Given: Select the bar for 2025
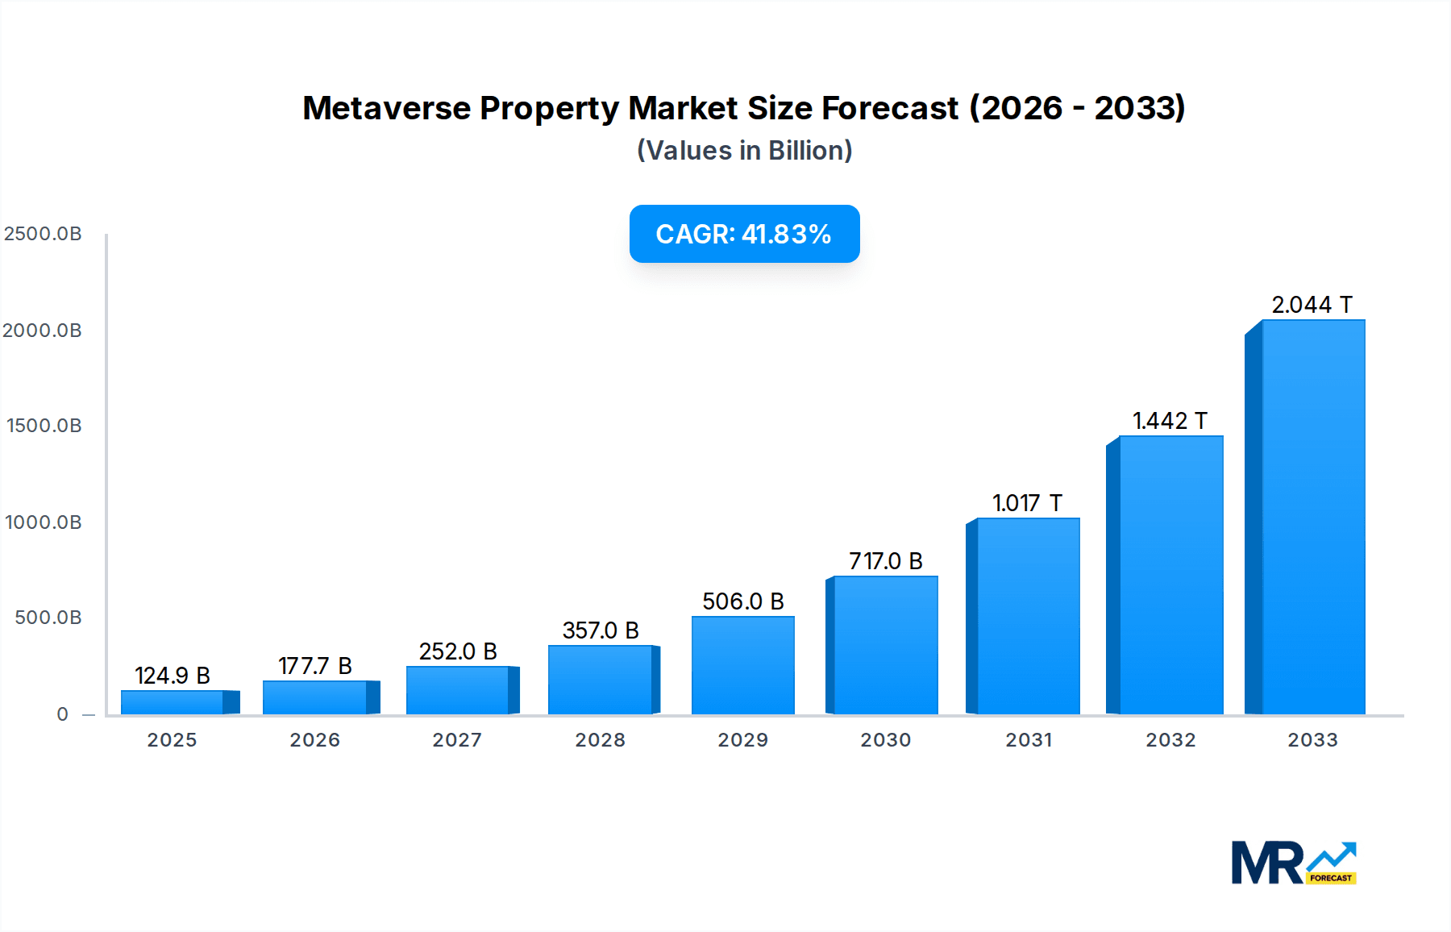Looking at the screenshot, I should [173, 702].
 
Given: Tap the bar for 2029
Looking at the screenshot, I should [742, 665].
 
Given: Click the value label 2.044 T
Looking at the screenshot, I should [1312, 305].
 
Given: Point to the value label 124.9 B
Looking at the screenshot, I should [173, 676].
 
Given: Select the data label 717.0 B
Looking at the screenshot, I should [885, 561].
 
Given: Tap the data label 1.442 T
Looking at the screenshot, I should [1170, 421].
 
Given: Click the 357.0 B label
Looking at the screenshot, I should [601, 630].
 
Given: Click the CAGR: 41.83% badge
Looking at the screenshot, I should [744, 234].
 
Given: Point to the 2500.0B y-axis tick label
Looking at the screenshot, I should [43, 234].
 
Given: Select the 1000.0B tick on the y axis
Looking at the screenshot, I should [44, 522].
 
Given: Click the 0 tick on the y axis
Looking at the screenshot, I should [62, 714].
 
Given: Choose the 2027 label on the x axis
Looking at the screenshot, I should [457, 740].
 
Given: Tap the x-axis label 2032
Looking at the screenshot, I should [1170, 740].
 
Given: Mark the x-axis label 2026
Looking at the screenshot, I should [315, 740].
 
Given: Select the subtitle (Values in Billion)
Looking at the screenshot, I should [744, 151].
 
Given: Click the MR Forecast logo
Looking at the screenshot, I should [1293, 863].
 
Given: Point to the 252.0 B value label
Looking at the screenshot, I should [458, 651].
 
